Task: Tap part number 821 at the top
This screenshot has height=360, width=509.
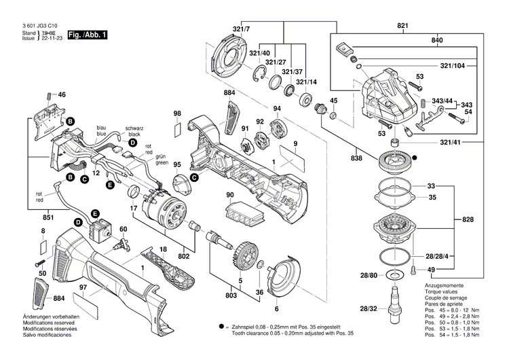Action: click(403, 26)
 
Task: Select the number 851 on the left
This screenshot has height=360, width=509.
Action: click(30, 218)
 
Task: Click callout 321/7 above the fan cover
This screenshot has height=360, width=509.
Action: click(242, 30)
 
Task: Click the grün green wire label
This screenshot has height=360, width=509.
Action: click(162, 160)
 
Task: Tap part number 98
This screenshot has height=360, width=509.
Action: click(177, 113)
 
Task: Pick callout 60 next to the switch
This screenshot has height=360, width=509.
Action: click(124, 229)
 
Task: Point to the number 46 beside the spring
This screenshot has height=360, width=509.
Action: click(62, 94)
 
